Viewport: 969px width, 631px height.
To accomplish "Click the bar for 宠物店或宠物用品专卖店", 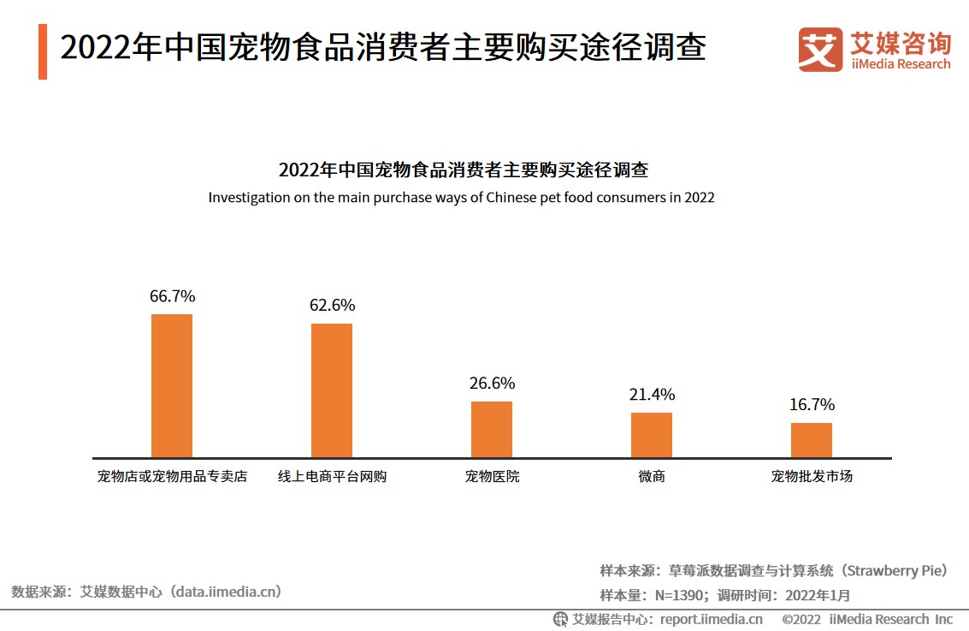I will [x=172, y=385].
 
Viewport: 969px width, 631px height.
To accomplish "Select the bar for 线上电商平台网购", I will [x=332, y=390].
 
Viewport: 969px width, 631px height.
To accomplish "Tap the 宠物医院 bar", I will [x=492, y=429].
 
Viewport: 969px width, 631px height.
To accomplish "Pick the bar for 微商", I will [x=652, y=435].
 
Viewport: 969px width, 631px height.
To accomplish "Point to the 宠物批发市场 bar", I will [x=811, y=440].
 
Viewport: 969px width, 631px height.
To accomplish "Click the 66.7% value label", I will [x=172, y=296].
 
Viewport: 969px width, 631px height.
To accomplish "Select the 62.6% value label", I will [x=332, y=306].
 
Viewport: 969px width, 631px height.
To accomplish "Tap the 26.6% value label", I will [x=492, y=384].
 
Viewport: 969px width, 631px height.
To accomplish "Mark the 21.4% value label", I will [x=652, y=395].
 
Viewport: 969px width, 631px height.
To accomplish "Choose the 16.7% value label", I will [x=811, y=404].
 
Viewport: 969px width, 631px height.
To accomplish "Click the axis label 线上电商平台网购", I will [x=332, y=476].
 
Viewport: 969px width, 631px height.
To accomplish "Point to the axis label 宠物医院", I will [x=492, y=476].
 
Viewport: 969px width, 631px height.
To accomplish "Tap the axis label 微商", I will [x=652, y=476].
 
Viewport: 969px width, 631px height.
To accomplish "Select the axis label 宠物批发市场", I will [x=811, y=476].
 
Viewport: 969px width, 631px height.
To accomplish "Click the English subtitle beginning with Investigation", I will [x=461, y=197].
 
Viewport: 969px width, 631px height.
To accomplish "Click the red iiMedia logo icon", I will [x=819, y=49].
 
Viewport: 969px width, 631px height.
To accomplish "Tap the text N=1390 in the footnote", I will [x=680, y=595].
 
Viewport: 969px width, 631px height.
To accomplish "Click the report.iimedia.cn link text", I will [x=711, y=619].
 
